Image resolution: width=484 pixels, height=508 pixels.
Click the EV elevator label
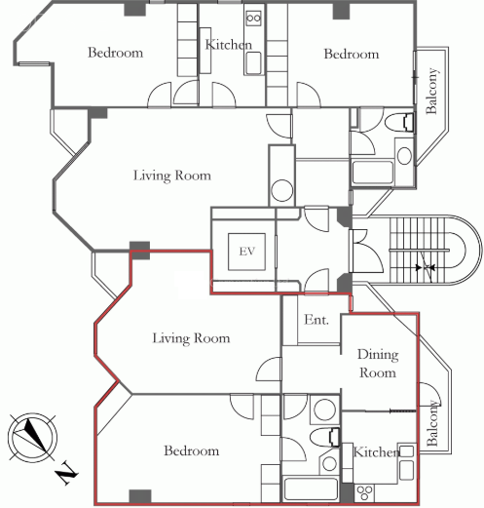(x=247, y=252)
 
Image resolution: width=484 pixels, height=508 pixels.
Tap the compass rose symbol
(x=32, y=437)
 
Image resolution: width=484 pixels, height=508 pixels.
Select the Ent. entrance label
(x=316, y=320)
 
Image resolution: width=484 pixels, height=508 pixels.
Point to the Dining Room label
(x=378, y=364)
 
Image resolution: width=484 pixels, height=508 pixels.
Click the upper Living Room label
(x=172, y=176)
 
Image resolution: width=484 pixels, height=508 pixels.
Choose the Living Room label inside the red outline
(x=191, y=338)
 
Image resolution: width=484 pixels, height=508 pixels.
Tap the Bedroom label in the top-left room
(x=115, y=53)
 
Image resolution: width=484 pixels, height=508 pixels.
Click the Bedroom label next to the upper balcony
(x=352, y=54)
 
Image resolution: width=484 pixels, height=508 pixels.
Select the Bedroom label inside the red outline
(x=191, y=450)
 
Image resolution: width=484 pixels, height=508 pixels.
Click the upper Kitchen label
(x=229, y=45)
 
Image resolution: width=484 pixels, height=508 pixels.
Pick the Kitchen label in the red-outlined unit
(x=377, y=452)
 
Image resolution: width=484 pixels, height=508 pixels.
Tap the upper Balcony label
(x=431, y=91)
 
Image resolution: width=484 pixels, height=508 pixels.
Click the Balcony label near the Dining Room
(x=432, y=423)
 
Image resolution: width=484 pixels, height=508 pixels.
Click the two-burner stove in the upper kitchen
(x=253, y=18)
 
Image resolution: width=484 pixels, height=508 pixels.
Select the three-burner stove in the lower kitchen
(x=365, y=492)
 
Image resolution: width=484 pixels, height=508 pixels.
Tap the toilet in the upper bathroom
(x=399, y=123)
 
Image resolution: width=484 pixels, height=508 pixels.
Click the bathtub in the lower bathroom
(x=311, y=488)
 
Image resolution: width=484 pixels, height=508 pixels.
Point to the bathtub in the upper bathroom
(x=372, y=173)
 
